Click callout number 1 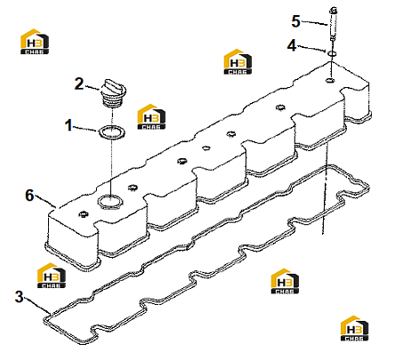coord(69,125)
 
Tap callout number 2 coord(79,84)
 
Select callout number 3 coord(19,297)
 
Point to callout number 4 coord(292,45)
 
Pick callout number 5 coord(295,21)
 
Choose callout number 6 coord(29,196)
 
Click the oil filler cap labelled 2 coord(114,93)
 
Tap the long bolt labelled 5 coord(333,25)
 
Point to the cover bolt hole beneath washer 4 coord(330,80)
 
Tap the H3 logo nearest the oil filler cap coord(151,116)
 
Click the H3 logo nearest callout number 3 coord(52,276)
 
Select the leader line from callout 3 coord(37,305)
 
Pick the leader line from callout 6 coord(45,201)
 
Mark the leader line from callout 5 coord(314,23)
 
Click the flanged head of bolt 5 coord(333,11)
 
